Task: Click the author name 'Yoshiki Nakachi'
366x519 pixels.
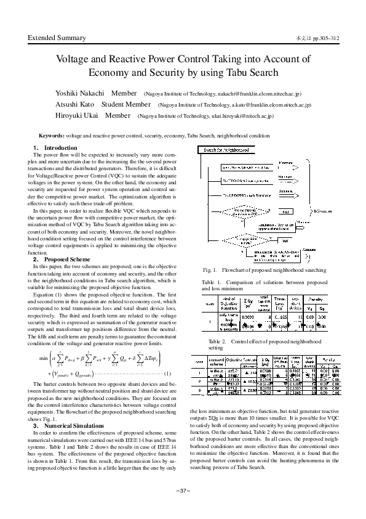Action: (72, 94)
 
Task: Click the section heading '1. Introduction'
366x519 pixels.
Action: (55, 148)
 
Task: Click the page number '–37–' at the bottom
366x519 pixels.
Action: (183, 507)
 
